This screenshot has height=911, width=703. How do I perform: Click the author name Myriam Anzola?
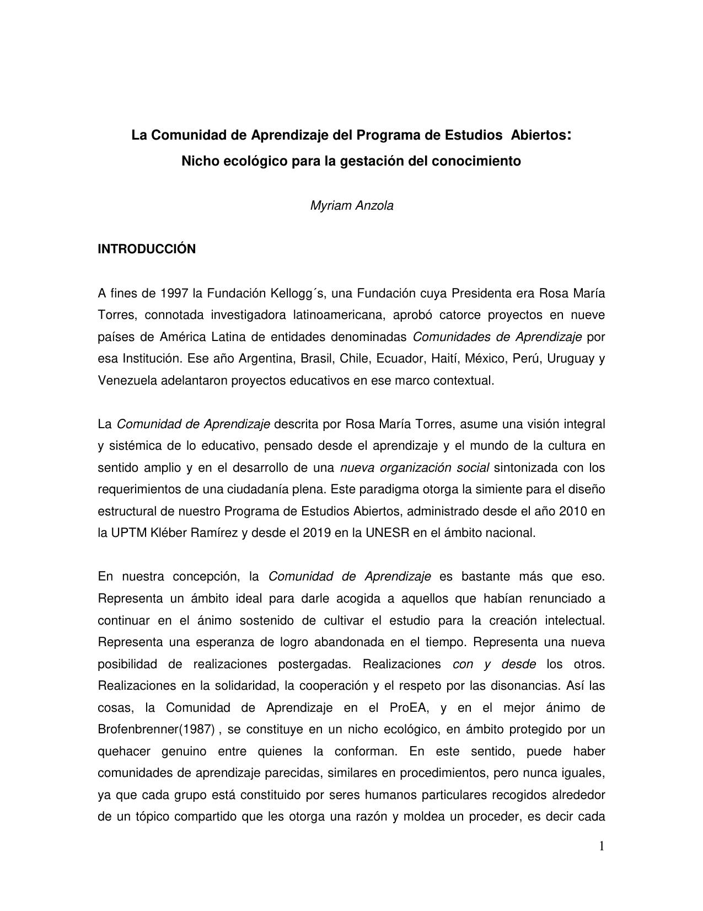[352, 206]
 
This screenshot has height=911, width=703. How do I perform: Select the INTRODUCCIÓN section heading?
[147, 249]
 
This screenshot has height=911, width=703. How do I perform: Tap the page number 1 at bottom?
[602, 846]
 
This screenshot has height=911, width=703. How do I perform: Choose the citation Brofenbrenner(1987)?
[156, 729]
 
